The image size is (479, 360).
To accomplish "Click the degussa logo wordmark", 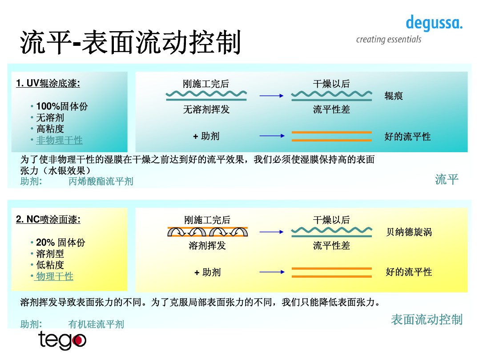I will (x=434, y=23).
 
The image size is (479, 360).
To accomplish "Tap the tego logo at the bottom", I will (x=62, y=340).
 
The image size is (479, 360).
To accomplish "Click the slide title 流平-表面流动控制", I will (x=130, y=43).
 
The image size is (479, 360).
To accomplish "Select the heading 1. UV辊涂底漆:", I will (x=48, y=83).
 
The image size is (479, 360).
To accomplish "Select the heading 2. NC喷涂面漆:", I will (x=48, y=219).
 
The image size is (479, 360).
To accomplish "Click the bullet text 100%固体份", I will (x=62, y=106).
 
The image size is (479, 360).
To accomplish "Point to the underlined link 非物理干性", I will (x=59, y=140).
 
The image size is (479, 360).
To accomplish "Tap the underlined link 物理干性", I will (x=55, y=276).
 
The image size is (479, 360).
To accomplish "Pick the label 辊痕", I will (x=394, y=96).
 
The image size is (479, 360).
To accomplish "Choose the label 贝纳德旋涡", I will (x=409, y=232).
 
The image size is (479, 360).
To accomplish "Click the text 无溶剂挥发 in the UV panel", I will (x=206, y=109).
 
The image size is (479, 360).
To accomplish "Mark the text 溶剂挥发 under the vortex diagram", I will (x=207, y=246).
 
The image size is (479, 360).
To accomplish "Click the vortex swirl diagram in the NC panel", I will (x=208, y=232).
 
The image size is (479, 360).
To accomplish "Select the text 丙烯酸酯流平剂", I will (x=101, y=181).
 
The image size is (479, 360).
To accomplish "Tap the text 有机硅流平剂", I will (x=96, y=324).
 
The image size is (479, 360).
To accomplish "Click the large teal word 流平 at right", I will (x=447, y=179).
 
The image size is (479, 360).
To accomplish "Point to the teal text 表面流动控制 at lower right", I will (x=427, y=320).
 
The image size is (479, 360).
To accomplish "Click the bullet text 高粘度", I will (x=50, y=129).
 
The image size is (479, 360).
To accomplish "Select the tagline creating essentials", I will (x=388, y=40).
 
